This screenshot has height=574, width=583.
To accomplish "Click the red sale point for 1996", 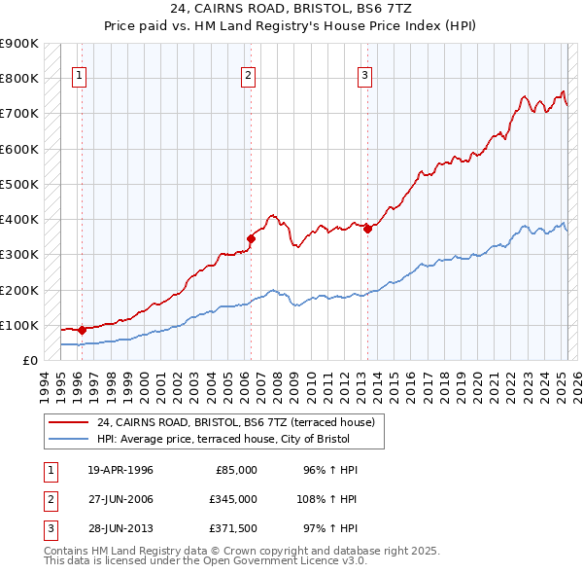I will tap(82, 330).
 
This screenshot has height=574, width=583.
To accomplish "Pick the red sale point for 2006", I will tap(251, 237).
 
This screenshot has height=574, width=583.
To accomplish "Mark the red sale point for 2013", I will tap(368, 229).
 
